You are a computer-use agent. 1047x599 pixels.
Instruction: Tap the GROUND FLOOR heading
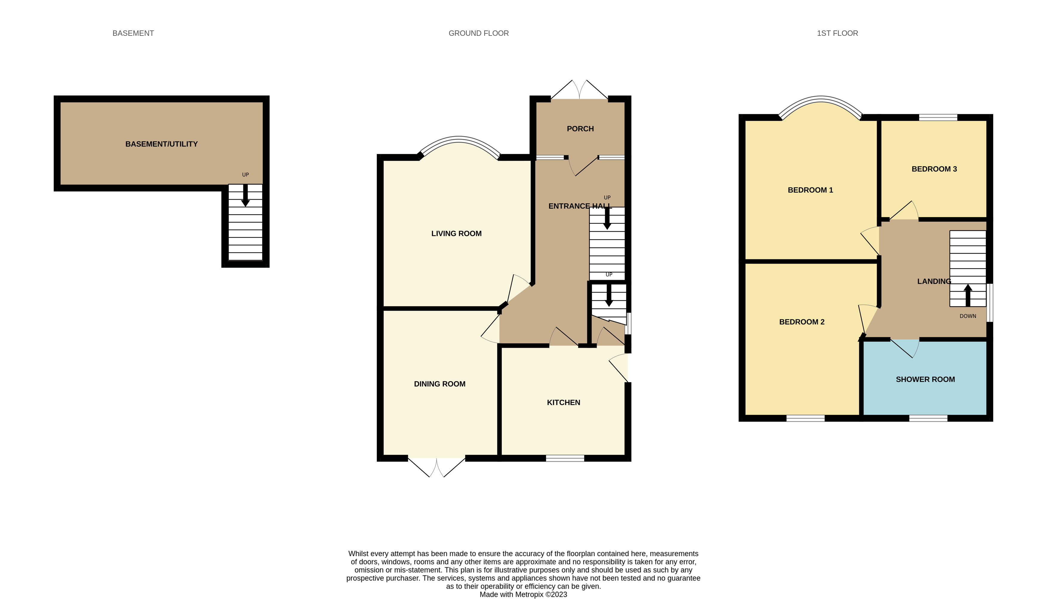coord(479,33)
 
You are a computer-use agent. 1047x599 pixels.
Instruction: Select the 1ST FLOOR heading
coord(837,33)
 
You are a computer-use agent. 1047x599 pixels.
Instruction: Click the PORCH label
coord(580,129)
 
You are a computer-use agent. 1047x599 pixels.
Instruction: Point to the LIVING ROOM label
coord(456,234)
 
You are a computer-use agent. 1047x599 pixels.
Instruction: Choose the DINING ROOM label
coord(439,384)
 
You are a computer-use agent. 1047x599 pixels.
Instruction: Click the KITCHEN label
coord(563,402)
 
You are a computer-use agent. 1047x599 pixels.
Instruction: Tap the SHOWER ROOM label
coord(925,379)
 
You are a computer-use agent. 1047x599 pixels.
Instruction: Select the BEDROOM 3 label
coord(934,169)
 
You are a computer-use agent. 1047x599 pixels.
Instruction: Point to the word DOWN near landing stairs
coord(968,316)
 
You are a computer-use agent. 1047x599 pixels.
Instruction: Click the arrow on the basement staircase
coord(245,195)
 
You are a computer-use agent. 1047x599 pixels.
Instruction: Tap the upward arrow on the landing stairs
coord(968,295)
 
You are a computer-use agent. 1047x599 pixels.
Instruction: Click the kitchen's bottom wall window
coord(565,458)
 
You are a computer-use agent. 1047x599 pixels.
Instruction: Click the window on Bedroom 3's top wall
coord(938,118)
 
